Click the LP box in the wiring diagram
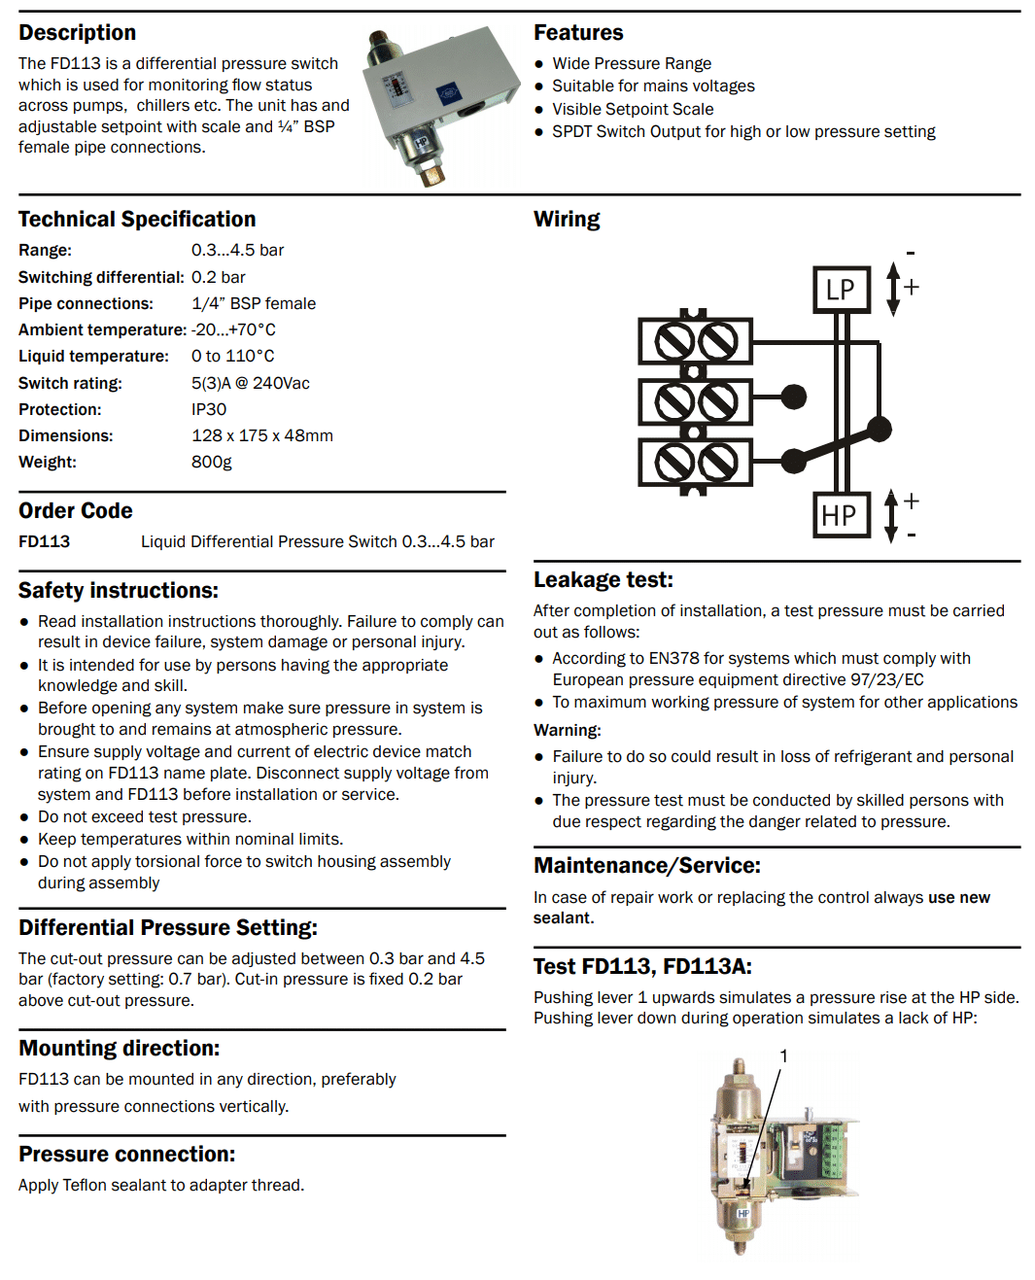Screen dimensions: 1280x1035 (x=841, y=289)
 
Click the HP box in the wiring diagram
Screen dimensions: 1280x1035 (x=840, y=514)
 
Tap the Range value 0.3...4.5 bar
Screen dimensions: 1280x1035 (x=237, y=250)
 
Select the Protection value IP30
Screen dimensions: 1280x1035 (x=209, y=409)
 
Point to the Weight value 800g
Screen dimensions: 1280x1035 (x=212, y=462)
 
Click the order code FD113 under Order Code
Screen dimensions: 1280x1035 (x=44, y=541)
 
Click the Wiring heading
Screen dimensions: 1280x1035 (x=567, y=219)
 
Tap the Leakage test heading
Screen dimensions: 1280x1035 (x=603, y=579)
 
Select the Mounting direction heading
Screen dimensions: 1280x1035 (x=119, y=1048)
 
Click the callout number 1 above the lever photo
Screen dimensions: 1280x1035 (x=783, y=1055)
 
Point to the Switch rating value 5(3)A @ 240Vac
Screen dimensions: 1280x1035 (x=251, y=383)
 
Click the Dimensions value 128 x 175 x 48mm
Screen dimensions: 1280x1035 (x=262, y=435)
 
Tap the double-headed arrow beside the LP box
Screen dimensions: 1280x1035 (x=893, y=289)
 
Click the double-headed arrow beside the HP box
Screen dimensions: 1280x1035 (x=891, y=515)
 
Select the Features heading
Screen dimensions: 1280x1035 (x=578, y=32)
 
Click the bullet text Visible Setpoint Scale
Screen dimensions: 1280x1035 (x=633, y=109)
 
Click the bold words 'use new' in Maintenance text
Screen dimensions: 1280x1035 (x=958, y=897)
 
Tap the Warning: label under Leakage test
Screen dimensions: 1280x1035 (x=568, y=730)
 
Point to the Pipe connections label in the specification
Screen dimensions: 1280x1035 (x=86, y=303)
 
